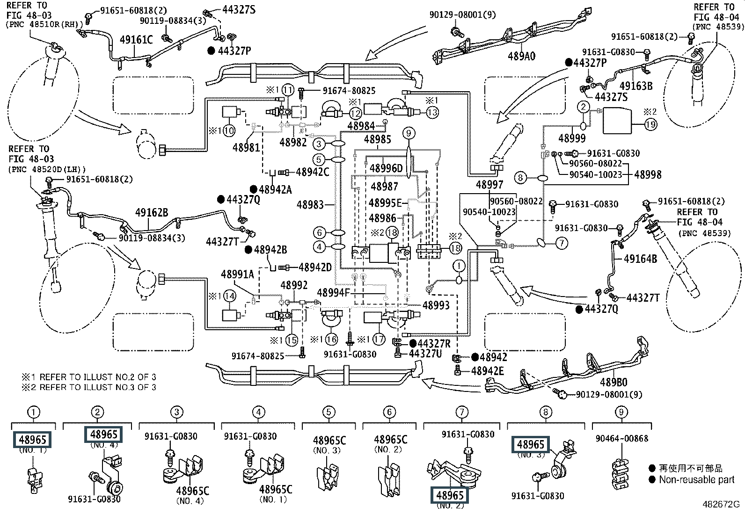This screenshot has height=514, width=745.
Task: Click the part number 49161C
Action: pos(136,40)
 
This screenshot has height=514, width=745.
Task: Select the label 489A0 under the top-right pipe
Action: pos(521,56)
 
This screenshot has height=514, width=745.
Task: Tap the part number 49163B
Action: pos(635,86)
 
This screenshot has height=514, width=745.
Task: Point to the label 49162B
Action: pos(152,212)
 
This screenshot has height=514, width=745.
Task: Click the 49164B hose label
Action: pos(640,258)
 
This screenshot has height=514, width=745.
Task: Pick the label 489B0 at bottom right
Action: pos(614,382)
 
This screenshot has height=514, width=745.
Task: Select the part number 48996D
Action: pos(386,168)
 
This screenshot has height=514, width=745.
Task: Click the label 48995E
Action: pos(385,203)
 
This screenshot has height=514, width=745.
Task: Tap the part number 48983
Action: pos(310,204)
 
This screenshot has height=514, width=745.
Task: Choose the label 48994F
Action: pos(334,293)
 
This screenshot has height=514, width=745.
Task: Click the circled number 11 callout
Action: pos(288,90)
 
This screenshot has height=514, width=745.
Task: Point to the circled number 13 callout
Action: pos(432,112)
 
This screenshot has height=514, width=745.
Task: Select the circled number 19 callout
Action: pos(650,124)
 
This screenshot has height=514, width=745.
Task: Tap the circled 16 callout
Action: pos(331,340)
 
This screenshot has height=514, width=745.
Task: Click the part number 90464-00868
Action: pos(621,439)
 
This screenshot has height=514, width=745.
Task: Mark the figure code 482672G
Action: pos(721,504)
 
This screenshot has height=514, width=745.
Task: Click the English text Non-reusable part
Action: pos(697,479)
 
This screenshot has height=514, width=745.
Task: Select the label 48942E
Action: pos(487,371)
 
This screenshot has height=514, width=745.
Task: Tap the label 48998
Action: pos(648,174)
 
